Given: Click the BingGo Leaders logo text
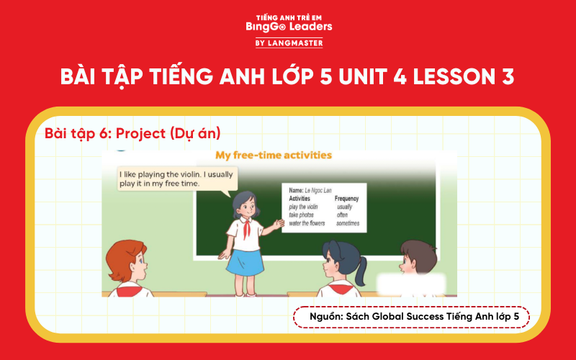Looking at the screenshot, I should click(288, 27).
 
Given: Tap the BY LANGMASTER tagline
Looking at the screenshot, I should click(288, 43).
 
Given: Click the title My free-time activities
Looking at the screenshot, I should click(274, 155).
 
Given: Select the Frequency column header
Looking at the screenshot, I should click(346, 198).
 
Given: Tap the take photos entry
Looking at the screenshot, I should click(304, 215).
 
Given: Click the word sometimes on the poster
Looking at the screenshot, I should click(349, 223).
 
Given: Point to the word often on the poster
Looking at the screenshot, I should click(343, 215).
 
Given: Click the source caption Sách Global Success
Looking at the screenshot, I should click(411, 317).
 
